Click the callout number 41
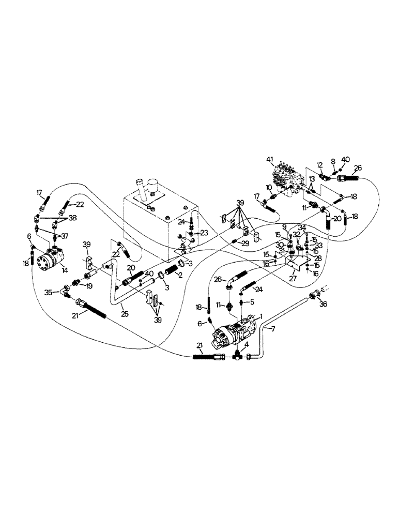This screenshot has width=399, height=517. tap(269, 158)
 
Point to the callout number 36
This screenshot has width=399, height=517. tap(324, 305)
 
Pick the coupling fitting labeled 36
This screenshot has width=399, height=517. tap(313, 296)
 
